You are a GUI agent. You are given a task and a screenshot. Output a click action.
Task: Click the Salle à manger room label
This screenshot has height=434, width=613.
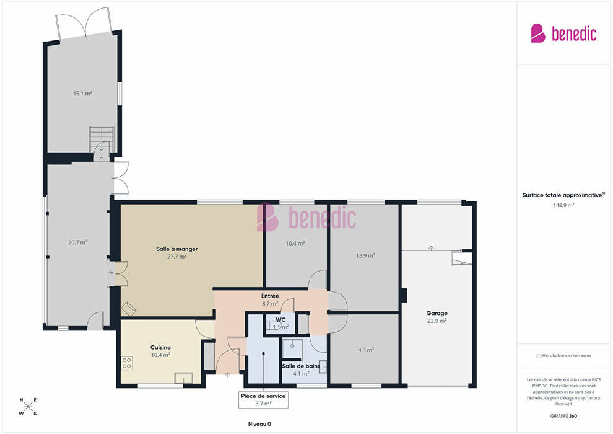click(x=176, y=249)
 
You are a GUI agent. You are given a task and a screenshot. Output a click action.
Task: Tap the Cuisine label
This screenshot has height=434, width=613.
click(x=160, y=348)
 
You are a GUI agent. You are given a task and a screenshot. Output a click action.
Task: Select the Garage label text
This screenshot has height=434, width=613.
click(x=437, y=313)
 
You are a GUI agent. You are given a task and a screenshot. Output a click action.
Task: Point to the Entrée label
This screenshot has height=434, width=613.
click(x=270, y=296)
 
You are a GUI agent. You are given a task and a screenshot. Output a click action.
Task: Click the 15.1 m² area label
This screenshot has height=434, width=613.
click(x=82, y=94)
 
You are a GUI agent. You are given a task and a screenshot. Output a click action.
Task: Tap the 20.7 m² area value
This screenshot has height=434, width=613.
click(x=77, y=242)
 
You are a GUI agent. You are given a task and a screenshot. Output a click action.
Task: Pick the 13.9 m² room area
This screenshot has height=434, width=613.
click(x=365, y=255)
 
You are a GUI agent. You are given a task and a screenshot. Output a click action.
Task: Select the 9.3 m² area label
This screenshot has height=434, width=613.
click(x=365, y=350)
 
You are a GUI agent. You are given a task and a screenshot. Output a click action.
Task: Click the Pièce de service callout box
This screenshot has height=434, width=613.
click(x=263, y=399)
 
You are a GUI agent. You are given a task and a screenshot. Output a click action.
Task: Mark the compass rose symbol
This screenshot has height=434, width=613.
click(x=28, y=407)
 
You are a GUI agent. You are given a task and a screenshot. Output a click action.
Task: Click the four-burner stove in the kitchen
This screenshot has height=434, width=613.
click(x=126, y=363)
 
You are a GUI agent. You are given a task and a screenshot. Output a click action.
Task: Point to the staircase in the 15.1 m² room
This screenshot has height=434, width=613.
click(x=102, y=139)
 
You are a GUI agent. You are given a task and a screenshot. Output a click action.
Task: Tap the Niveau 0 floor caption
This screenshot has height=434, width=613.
click(x=259, y=424)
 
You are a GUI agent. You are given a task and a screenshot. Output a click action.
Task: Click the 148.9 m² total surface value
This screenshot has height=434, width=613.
click(x=563, y=205)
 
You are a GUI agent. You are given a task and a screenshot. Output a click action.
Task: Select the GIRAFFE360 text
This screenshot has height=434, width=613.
click(x=563, y=416)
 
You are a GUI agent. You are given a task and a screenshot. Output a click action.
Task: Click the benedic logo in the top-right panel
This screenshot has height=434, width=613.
click(x=563, y=33)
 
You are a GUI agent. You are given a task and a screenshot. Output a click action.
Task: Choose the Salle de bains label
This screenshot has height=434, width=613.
click(x=301, y=366)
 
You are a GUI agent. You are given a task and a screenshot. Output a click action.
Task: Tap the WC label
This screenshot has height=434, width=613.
click(x=280, y=320)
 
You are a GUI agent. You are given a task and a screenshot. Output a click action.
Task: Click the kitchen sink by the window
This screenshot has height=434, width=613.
click(x=183, y=378)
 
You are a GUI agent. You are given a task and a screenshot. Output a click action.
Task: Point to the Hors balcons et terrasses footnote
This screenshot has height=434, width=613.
click(x=563, y=356)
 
